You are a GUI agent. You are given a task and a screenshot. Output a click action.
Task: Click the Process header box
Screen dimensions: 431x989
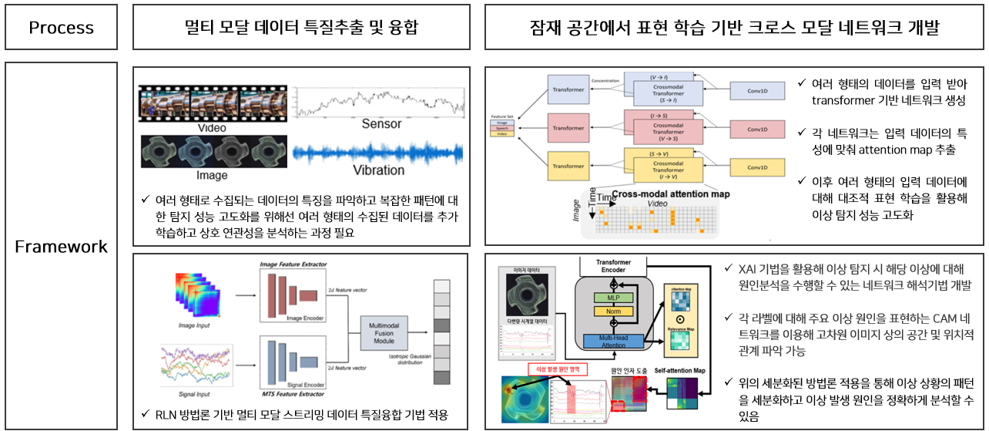[x=61, y=28]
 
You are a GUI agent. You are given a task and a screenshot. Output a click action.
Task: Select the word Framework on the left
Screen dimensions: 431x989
[x=61, y=247]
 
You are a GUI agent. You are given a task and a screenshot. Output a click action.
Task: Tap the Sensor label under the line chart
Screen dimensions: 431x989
[x=381, y=123]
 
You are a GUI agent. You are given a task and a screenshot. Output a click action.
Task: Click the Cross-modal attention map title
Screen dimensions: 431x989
[x=670, y=194]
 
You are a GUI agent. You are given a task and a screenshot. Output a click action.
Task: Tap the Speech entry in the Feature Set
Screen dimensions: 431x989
[x=501, y=129]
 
